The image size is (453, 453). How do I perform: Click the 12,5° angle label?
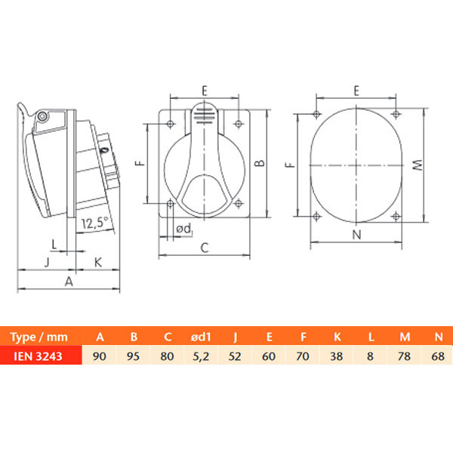[x=95, y=223]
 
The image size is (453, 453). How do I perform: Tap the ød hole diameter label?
[x=184, y=229]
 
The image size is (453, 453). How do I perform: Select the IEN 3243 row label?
[x=39, y=356]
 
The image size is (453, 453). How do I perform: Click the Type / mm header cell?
[x=39, y=337]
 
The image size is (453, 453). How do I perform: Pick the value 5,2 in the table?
[x=201, y=356]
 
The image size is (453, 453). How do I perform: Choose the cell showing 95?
[x=133, y=356]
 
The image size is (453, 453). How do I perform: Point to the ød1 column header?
[x=201, y=337]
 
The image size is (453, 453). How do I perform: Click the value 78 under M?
[x=404, y=356]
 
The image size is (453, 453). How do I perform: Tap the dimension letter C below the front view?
[x=205, y=248]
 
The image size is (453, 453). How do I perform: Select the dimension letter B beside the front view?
[x=260, y=163]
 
